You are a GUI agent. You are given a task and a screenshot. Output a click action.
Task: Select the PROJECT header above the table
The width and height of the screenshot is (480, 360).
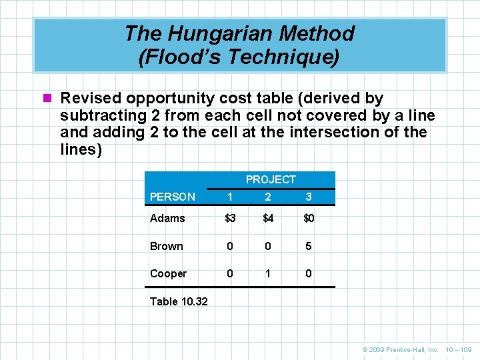270,179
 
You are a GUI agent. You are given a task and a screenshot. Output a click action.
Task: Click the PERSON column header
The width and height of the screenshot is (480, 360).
173,197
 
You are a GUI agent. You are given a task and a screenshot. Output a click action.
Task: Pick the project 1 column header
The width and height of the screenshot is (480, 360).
230,197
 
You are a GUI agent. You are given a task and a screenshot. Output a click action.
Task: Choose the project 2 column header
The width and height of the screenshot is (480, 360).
268,197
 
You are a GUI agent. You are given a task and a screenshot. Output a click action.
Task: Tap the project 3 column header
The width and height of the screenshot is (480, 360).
308,197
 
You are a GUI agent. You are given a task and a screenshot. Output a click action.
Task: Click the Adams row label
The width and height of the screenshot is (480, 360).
167,218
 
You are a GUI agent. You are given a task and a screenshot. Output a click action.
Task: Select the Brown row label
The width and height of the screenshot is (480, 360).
167,246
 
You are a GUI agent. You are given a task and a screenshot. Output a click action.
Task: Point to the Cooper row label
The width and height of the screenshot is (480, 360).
169,273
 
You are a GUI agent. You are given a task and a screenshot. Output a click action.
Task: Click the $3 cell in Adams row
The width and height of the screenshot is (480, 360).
230,218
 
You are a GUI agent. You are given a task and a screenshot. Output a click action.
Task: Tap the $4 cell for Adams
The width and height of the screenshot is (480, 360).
268,218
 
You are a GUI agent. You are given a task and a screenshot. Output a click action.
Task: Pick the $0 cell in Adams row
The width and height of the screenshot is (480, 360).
309,218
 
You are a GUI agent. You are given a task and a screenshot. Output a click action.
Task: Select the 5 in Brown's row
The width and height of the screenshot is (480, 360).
308,246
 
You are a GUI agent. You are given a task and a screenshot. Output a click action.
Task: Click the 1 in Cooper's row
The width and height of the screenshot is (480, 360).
268,273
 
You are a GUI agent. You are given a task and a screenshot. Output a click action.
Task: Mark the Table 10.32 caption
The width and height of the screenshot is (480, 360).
179,301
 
